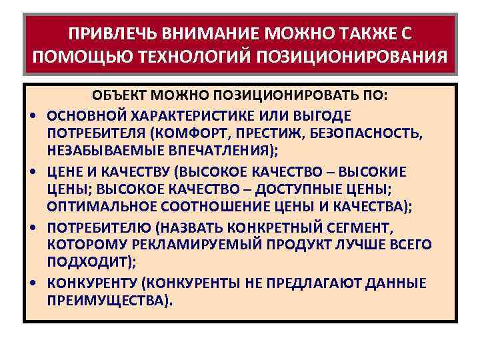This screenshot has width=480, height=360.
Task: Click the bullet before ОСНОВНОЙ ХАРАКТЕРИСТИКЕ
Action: tap(33, 116)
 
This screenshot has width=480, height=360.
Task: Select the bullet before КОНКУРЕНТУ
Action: tap(33, 283)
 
